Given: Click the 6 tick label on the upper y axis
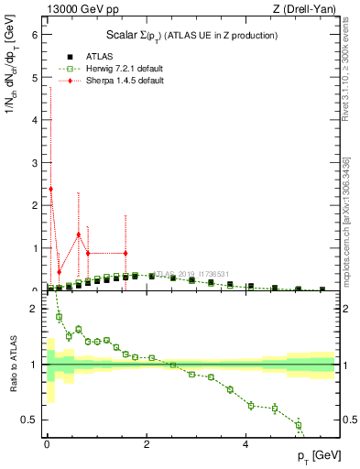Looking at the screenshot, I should [x=34, y=35].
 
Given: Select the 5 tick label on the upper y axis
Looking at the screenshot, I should [x=34, y=78].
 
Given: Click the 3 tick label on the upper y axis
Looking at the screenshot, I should [x=34, y=163].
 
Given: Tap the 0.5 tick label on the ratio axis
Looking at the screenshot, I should [x=30, y=420].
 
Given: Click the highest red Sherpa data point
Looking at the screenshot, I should [x=50, y=189].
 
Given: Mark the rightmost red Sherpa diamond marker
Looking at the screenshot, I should [x=125, y=253].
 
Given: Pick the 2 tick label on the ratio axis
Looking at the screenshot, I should [x=34, y=309].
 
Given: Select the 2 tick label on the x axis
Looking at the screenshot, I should [x=147, y=446].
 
